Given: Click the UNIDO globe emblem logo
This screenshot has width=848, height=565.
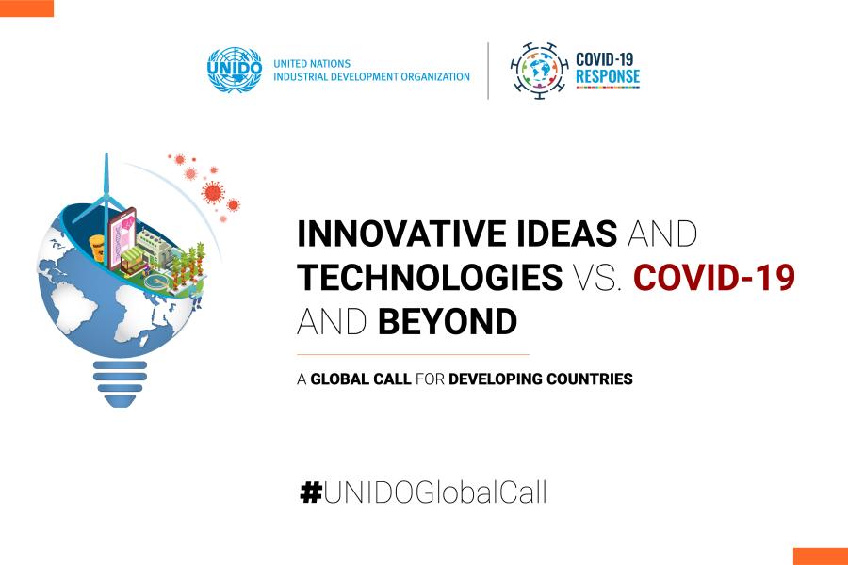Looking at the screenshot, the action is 235,69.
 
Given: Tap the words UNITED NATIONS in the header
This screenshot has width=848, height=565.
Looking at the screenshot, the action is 312,63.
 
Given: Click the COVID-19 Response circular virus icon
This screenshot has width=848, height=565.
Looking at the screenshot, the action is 540,71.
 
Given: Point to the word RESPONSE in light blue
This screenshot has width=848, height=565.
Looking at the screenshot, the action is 608,77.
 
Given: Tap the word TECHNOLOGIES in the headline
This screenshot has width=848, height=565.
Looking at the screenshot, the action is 430,277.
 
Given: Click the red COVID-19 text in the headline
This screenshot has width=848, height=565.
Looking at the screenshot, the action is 714,277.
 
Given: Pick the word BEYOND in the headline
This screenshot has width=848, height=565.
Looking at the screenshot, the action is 448,321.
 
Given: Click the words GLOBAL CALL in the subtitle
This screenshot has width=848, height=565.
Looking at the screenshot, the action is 361,379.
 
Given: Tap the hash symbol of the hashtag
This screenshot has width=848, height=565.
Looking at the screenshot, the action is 311,492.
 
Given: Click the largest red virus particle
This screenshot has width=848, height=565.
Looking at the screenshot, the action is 213,192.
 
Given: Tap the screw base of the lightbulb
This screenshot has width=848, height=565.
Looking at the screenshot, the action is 120,383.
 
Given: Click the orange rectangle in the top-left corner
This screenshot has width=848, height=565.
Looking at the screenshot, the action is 27,8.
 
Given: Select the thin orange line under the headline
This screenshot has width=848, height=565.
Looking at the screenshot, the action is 413,355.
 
